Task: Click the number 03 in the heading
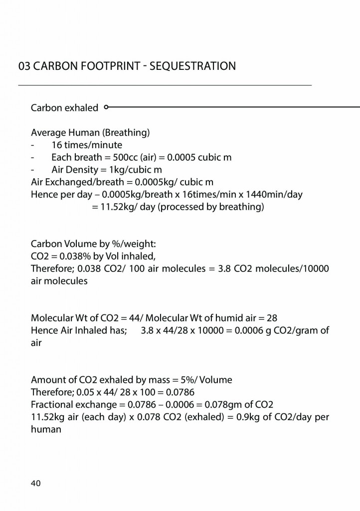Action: point(23,66)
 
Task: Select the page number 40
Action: point(36,483)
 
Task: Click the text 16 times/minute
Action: point(87,145)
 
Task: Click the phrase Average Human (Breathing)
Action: point(90,133)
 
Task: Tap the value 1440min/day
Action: point(277,195)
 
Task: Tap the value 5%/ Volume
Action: point(204,380)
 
